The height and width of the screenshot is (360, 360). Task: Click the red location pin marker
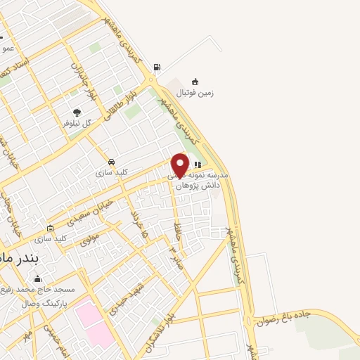pos(180,165)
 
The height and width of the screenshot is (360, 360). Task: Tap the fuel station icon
pos(156,68)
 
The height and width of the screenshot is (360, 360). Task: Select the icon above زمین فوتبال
pos(195,81)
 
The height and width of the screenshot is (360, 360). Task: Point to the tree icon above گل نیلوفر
pos(77,112)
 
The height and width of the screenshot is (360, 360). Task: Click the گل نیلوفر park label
pos(77,122)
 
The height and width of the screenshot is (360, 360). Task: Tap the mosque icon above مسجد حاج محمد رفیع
pos(37,279)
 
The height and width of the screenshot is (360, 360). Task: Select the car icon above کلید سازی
pos(112,161)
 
